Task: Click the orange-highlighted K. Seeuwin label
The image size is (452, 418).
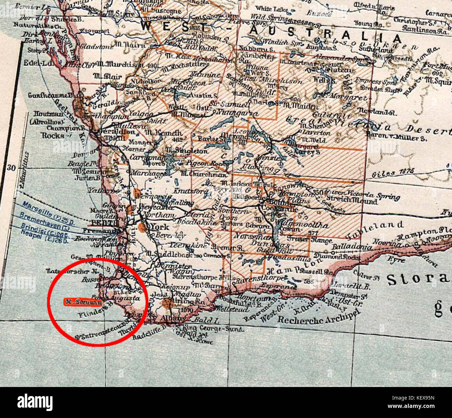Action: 83,302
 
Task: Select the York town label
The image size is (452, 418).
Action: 160,227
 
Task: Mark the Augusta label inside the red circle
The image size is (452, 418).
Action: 127,298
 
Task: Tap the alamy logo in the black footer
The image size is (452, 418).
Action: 35,402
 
